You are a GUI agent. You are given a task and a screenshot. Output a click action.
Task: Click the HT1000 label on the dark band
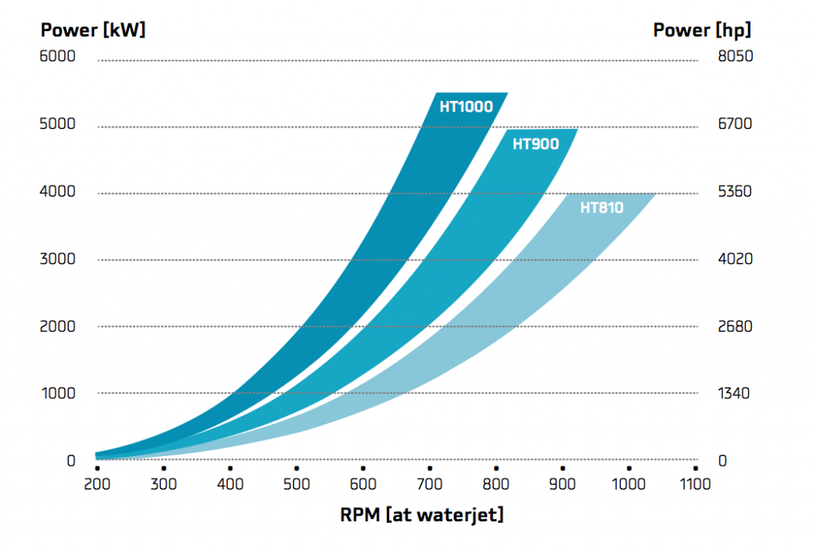click(x=466, y=106)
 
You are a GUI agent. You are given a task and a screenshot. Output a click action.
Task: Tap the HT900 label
click(x=536, y=144)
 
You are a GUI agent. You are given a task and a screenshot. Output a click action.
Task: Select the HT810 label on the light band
click(x=602, y=208)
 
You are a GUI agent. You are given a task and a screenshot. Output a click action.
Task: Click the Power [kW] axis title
click(x=93, y=30)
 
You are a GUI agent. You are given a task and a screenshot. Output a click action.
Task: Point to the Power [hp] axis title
click(x=702, y=30)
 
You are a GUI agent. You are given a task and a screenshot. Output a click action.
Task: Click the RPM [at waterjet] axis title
click(x=422, y=515)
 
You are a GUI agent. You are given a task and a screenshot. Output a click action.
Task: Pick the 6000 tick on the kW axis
click(x=57, y=57)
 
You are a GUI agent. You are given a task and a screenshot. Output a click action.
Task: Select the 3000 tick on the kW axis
click(x=57, y=259)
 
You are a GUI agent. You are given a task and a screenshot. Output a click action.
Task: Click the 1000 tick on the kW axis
click(x=57, y=393)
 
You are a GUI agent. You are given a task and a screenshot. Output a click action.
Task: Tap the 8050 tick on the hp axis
click(x=735, y=57)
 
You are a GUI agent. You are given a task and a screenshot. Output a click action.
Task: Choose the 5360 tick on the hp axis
click(x=735, y=192)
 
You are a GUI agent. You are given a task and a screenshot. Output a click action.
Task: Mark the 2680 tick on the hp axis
click(x=735, y=326)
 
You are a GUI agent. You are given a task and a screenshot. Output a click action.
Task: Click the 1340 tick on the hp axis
click(x=735, y=393)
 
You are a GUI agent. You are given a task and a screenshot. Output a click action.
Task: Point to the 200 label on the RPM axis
click(x=96, y=484)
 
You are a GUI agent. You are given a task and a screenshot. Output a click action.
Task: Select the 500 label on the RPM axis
click(x=295, y=484)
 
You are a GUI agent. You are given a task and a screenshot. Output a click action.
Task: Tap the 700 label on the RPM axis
click(x=429, y=484)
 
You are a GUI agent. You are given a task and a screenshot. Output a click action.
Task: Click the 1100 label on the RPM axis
click(x=696, y=484)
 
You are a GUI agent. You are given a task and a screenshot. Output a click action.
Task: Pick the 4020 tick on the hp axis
click(x=735, y=259)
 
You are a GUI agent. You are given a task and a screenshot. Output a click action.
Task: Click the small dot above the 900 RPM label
click(x=563, y=468)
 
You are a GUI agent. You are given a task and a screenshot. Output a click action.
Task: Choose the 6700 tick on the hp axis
click(x=735, y=124)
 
